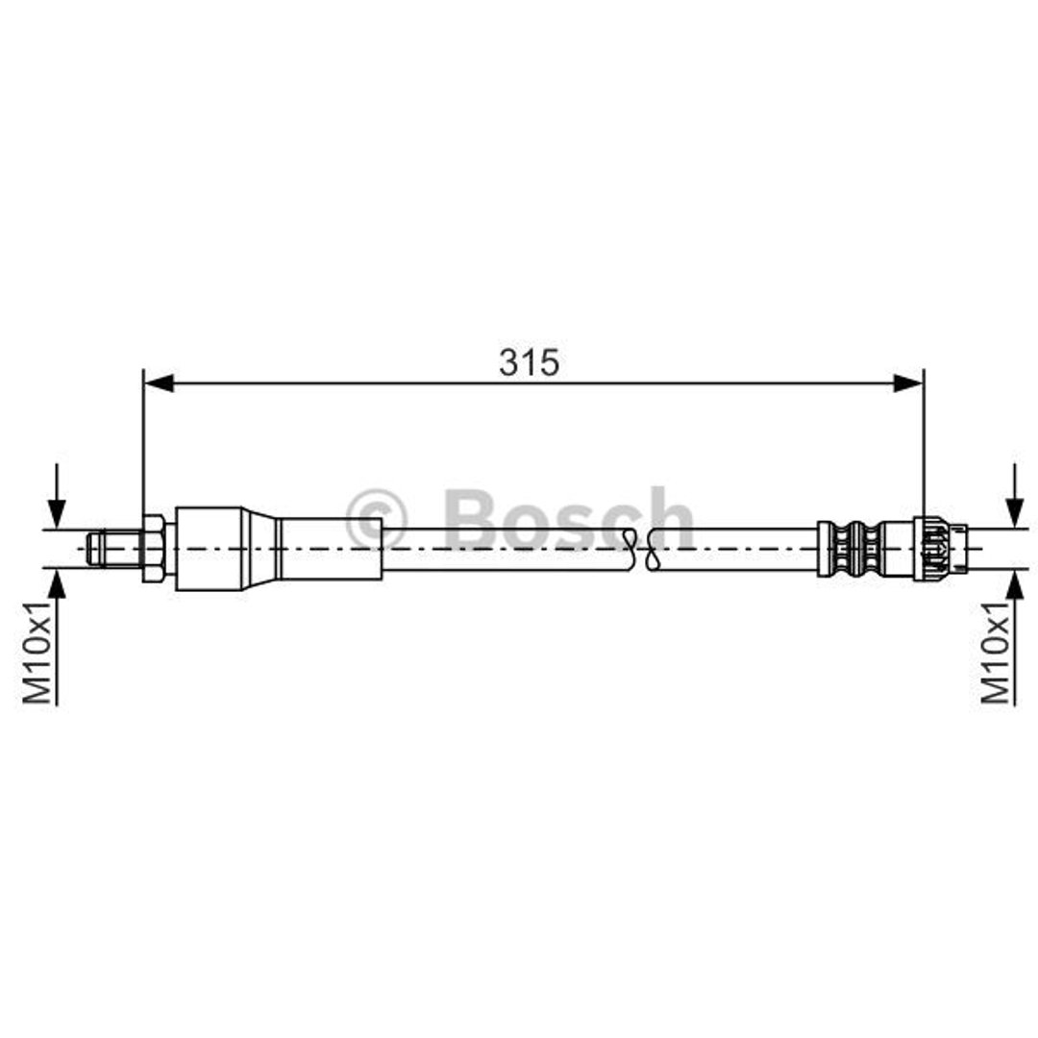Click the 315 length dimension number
point(529,362)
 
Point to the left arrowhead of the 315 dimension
point(159,383)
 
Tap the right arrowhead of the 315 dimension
point(907,383)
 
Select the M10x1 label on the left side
point(37,653)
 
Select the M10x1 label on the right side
point(996,653)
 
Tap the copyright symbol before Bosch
point(377,520)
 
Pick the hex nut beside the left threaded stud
point(155,548)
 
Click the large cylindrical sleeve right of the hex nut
point(209,548)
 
